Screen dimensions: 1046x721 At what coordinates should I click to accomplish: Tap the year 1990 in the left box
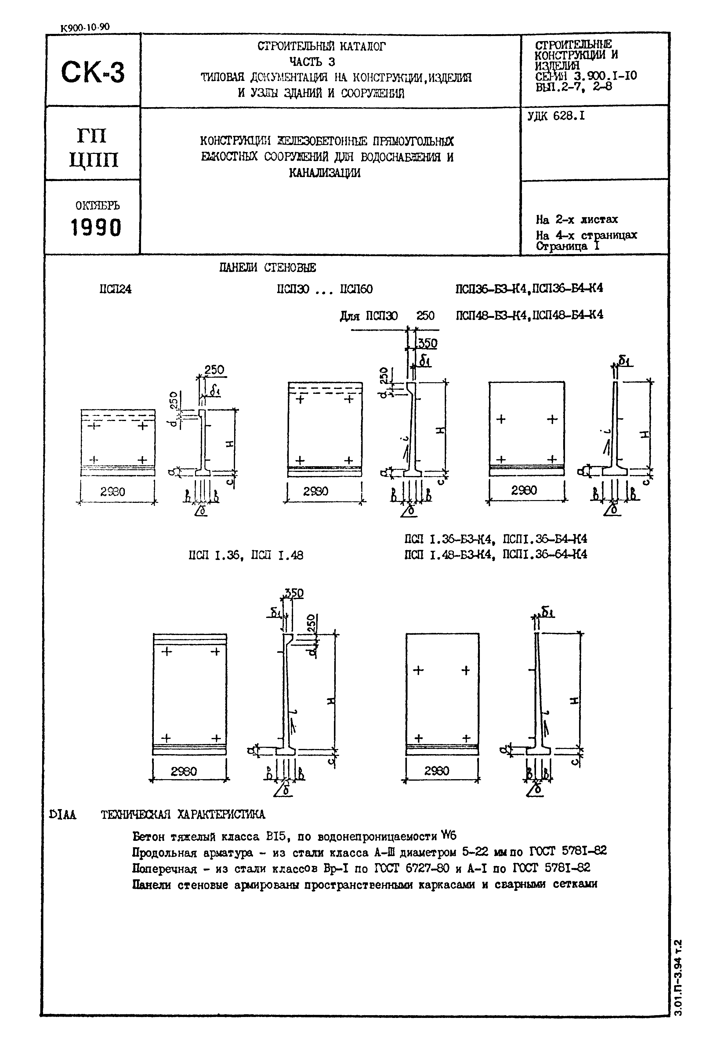(96, 227)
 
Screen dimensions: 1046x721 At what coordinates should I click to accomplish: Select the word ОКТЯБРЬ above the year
(98, 205)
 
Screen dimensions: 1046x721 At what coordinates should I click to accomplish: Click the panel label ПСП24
(116, 289)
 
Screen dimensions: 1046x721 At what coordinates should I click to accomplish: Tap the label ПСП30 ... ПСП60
(325, 289)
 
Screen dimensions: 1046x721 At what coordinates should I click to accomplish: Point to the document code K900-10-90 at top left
(85, 27)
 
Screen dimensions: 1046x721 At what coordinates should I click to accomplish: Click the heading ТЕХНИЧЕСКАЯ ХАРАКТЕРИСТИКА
(183, 815)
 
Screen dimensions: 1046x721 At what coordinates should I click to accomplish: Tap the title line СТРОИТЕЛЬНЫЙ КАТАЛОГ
(322, 46)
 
